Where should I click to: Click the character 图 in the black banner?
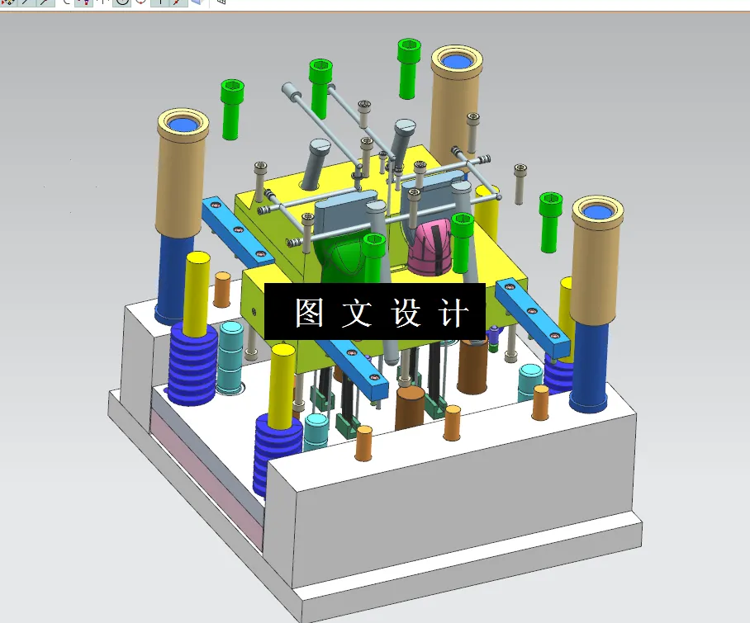[309, 314]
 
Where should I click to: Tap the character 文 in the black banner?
[358, 314]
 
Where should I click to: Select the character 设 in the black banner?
[406, 314]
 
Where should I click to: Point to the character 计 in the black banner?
[454, 314]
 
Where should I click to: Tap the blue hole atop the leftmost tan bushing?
[183, 125]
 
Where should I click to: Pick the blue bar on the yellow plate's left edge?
[237, 230]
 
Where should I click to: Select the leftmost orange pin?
[222, 289]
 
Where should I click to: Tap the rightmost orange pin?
[540, 403]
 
